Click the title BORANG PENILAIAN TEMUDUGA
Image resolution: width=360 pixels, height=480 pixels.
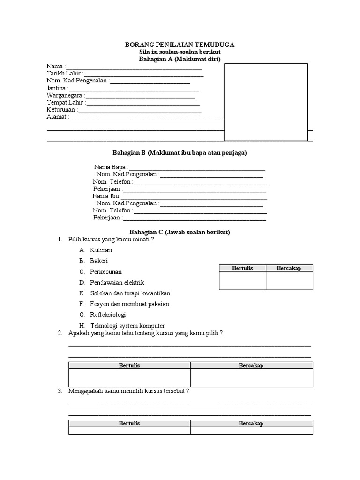pos(180,45)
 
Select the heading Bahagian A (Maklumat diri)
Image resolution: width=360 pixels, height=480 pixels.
pos(180,59)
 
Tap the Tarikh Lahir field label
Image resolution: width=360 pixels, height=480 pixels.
pos(64,74)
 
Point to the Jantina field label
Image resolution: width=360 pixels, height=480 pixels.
pos(57,88)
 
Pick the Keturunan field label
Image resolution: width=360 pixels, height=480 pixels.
pos(61,110)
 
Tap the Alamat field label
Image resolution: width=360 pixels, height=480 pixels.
pos(57,117)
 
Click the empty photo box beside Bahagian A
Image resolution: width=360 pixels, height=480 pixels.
pos(266,102)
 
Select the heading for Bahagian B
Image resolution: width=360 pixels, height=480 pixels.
pos(180,153)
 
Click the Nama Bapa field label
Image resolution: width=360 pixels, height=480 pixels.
pos(110,167)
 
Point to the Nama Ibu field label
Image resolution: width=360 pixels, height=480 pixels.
pos(106,196)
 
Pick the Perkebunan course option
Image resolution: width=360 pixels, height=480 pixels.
pos(106,272)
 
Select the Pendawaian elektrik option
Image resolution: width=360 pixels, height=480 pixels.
pos(117,283)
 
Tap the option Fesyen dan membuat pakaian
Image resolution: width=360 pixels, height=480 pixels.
pos(129,304)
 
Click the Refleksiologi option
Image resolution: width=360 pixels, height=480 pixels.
pos(108,315)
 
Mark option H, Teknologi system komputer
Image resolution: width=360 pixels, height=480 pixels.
pos(127,326)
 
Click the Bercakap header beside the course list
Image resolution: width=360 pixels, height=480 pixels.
pos(289,268)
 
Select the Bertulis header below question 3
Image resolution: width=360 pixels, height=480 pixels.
pos(129,423)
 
